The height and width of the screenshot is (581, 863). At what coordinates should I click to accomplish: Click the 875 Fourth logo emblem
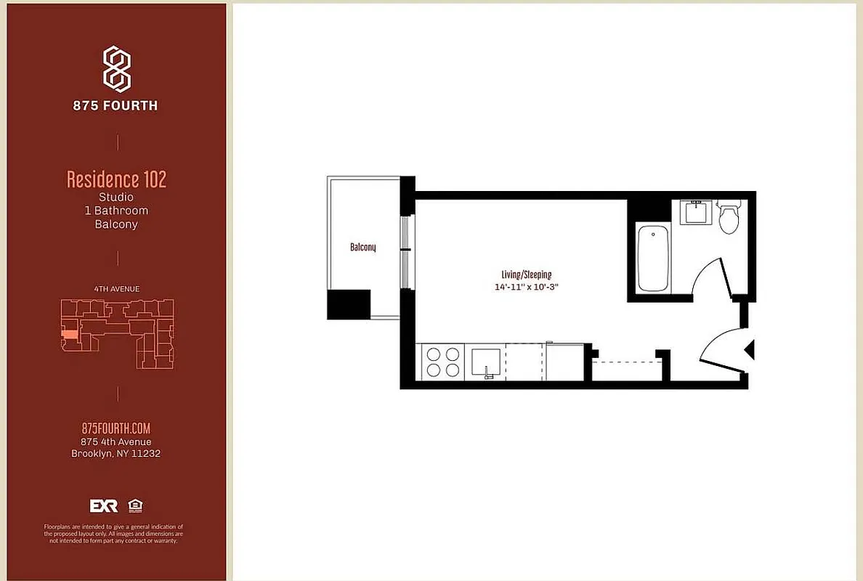(x=116, y=68)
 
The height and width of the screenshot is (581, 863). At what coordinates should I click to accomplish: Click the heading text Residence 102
(x=116, y=179)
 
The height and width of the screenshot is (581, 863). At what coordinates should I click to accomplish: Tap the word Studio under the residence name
(x=116, y=197)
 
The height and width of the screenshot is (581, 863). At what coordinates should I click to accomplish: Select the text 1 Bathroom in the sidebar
(x=116, y=211)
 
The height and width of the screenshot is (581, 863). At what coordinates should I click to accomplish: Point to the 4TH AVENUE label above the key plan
(x=116, y=288)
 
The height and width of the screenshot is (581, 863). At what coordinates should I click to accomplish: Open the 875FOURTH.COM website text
(x=116, y=428)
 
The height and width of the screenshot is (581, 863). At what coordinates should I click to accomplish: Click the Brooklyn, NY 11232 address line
(x=116, y=454)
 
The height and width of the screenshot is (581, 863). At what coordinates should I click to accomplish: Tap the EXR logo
(x=103, y=505)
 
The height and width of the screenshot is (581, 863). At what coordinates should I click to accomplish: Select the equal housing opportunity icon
(x=134, y=505)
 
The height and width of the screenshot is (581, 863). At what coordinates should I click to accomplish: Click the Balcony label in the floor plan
(x=362, y=248)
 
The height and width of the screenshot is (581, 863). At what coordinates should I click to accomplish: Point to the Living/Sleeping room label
(x=526, y=275)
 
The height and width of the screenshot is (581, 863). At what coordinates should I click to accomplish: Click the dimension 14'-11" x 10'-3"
(x=526, y=287)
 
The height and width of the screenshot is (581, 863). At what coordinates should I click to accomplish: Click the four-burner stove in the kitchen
(x=442, y=362)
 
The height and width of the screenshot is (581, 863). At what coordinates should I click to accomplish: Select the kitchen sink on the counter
(x=486, y=362)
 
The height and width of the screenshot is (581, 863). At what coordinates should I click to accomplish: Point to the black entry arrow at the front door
(x=750, y=350)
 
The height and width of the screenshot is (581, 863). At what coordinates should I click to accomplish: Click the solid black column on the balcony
(x=349, y=304)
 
